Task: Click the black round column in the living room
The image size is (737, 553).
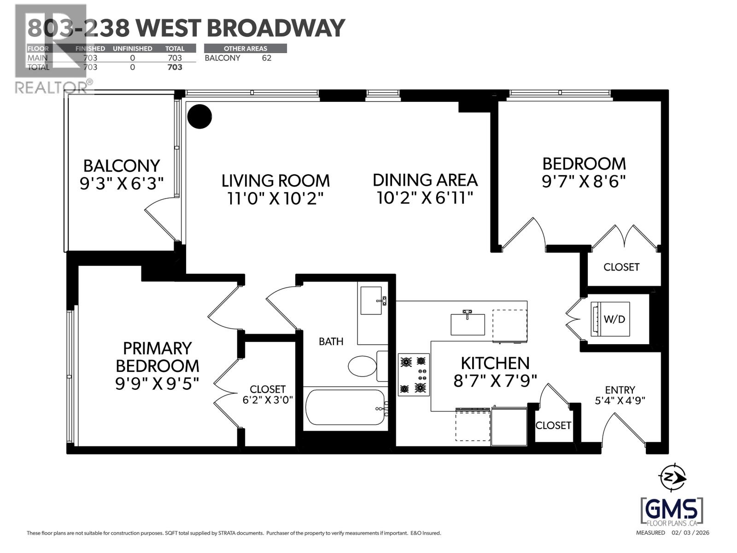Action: click(x=200, y=117)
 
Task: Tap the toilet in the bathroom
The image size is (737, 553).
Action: click(x=363, y=366)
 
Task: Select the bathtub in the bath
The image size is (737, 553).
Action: click(x=345, y=408)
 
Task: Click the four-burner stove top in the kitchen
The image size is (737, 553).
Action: click(x=414, y=375)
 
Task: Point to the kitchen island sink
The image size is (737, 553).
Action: click(x=468, y=324)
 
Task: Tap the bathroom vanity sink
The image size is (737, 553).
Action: click(x=371, y=300)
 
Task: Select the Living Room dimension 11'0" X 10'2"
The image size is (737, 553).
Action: click(x=275, y=199)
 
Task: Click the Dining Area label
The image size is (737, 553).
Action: click(x=425, y=180)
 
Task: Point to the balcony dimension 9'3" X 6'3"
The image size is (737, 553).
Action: click(x=122, y=184)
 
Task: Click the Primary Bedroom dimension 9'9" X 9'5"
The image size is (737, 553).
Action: click(x=157, y=383)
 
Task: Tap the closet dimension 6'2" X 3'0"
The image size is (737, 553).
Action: click(x=268, y=400)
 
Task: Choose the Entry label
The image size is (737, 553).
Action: click(x=620, y=390)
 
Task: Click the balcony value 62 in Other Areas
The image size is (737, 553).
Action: click(x=266, y=58)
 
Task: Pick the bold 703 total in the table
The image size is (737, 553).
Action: click(x=175, y=67)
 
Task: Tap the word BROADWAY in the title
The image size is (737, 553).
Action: click(x=275, y=28)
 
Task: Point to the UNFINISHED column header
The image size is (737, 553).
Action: click(x=132, y=48)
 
